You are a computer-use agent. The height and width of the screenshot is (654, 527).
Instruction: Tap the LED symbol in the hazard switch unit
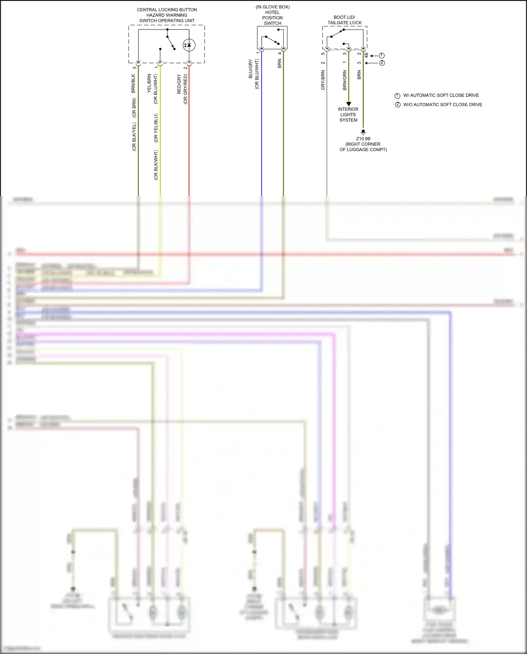click(x=189, y=45)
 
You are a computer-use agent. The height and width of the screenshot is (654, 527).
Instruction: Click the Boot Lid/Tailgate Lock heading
click(x=344, y=20)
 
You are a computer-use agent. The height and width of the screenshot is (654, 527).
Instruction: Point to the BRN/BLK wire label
click(x=134, y=84)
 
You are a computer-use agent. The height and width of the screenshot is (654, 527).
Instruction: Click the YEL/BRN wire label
click(x=149, y=84)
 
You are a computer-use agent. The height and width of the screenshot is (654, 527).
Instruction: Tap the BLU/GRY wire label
click(x=251, y=69)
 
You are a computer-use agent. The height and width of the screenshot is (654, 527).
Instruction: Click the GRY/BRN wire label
click(x=323, y=80)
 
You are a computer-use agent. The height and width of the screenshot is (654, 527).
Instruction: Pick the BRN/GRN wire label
click(x=345, y=80)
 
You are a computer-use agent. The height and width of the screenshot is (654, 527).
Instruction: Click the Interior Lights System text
click(x=348, y=115)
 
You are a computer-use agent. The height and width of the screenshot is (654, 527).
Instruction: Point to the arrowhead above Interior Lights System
click(x=349, y=104)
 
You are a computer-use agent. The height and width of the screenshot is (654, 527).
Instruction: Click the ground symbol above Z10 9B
click(x=363, y=132)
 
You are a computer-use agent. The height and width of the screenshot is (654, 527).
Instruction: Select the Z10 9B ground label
click(x=363, y=139)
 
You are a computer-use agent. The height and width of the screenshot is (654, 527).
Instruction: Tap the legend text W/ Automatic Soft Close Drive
click(x=441, y=95)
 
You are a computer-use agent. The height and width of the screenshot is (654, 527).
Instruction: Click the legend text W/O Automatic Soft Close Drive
click(x=443, y=105)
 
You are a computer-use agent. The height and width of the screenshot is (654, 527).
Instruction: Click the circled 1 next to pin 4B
click(x=382, y=56)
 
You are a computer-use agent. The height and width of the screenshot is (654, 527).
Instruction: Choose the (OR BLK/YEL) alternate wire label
click(x=134, y=137)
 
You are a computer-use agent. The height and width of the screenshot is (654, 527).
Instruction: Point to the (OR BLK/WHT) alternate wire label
click(x=156, y=165)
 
